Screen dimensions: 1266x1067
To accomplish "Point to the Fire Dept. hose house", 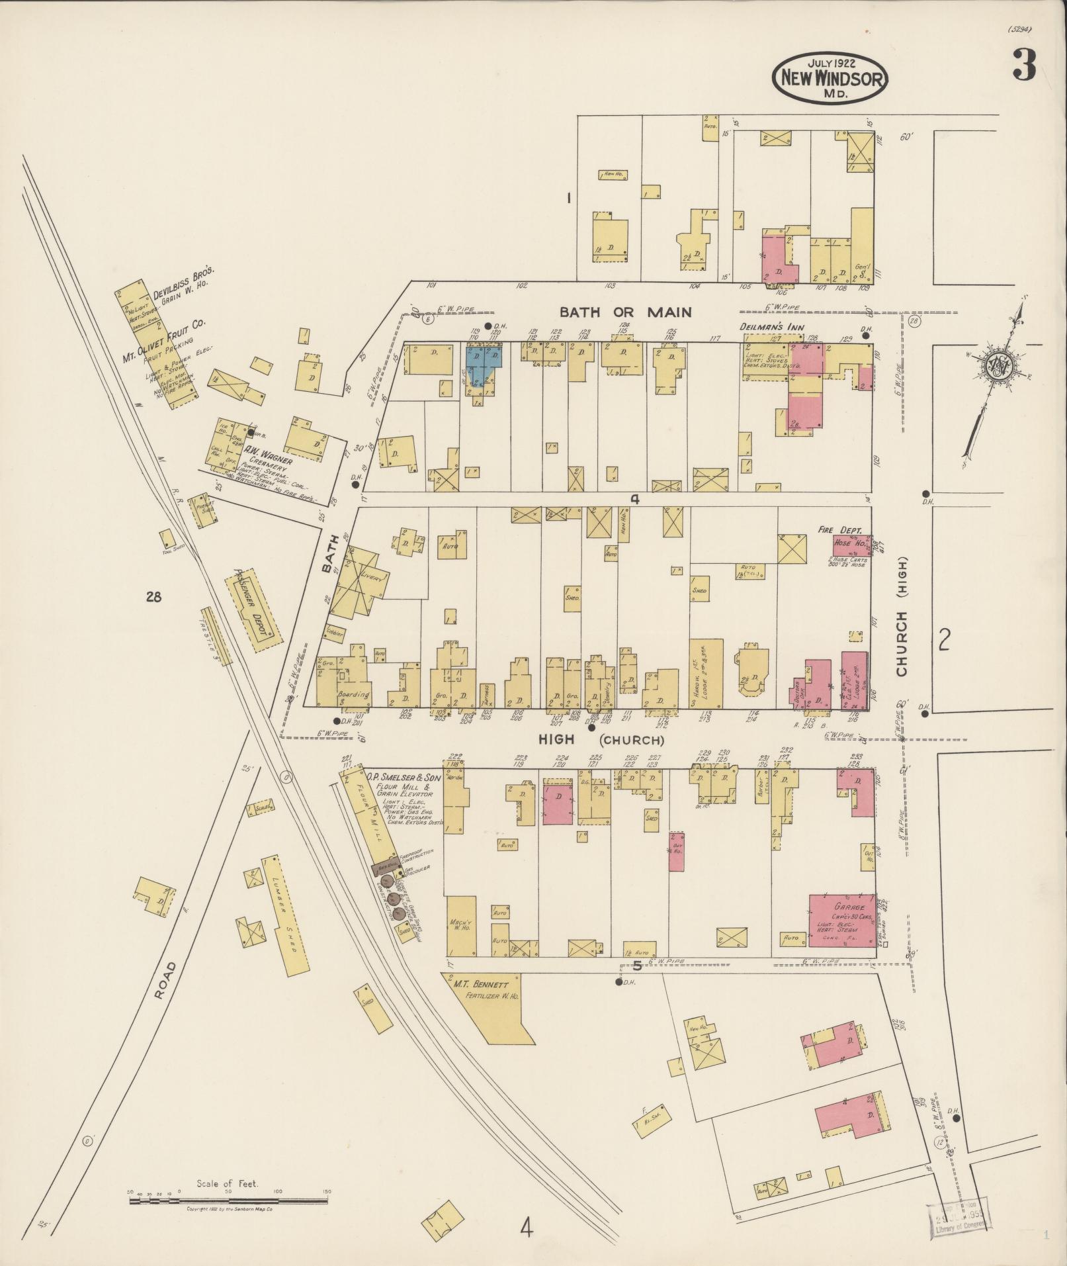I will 849,545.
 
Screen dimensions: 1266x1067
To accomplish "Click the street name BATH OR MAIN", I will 626,312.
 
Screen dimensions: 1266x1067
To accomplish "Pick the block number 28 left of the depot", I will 153,598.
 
